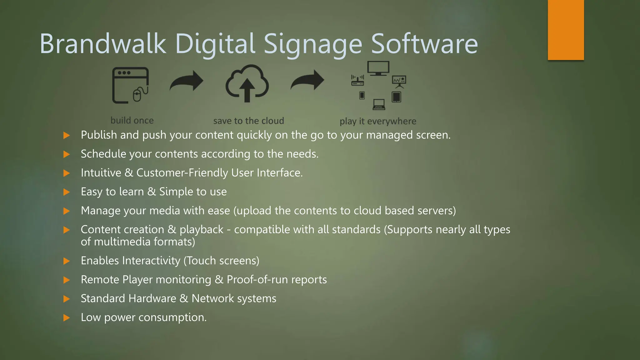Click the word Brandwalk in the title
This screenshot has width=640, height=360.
tap(103, 44)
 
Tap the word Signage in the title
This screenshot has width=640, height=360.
tap(313, 45)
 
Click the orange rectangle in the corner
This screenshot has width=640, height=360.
tap(566, 30)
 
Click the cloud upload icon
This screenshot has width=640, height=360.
tap(247, 83)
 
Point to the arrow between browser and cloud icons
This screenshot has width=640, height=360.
tap(187, 81)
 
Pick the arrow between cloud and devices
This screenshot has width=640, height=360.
tap(307, 80)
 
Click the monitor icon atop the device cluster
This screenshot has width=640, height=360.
tap(378, 68)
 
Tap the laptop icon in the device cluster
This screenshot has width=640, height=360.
tap(379, 104)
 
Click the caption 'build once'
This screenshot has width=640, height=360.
tap(132, 120)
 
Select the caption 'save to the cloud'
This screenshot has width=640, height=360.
tap(248, 121)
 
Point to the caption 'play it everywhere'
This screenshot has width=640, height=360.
tap(378, 121)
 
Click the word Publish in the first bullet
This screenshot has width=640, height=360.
tap(99, 135)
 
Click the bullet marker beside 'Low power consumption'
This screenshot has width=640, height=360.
tap(66, 318)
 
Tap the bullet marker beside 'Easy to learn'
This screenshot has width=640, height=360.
tap(66, 192)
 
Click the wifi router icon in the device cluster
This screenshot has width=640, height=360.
tap(357, 80)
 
